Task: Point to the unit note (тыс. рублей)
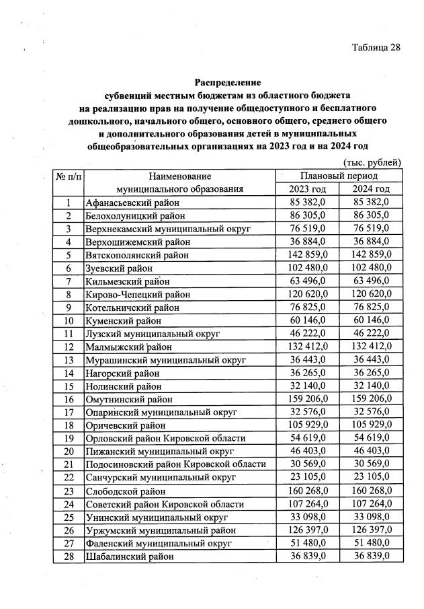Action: [372, 162]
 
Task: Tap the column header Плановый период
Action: [339, 176]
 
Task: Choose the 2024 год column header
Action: [371, 189]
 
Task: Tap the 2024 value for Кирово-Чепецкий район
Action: [371, 293]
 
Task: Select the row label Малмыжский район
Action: [128, 347]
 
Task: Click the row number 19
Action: [69, 437]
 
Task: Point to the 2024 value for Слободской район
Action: [371, 490]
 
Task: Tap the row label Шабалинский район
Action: [129, 557]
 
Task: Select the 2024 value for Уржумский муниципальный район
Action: [371, 530]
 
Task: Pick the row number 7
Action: [69, 281]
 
